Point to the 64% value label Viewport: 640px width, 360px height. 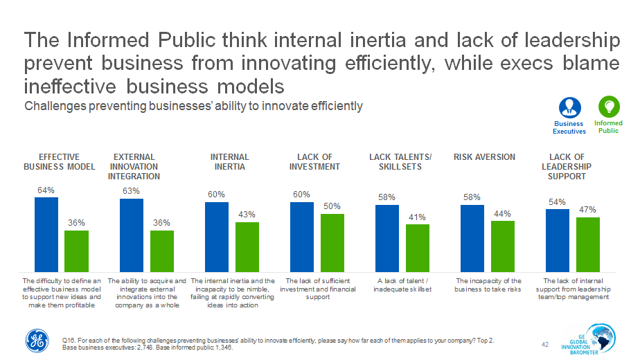pyautogui.click(x=46, y=190)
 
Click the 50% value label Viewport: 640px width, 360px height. pyautogui.click(x=332, y=206)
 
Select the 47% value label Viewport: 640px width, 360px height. pyautogui.click(x=588, y=210)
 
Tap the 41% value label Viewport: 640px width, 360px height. pyautogui.click(x=418, y=217)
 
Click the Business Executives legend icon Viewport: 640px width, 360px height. pyautogui.click(x=569, y=107)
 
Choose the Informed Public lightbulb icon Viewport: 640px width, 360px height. pyautogui.click(x=609, y=107)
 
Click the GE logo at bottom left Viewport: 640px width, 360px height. pyautogui.click(x=37, y=339)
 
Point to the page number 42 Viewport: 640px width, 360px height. pyautogui.click(x=544, y=343)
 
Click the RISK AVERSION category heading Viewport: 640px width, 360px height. pyautogui.click(x=484, y=157)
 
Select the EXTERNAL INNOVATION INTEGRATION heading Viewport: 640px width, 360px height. pyautogui.click(x=133, y=167)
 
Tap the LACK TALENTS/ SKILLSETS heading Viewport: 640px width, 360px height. pyautogui.click(x=400, y=162)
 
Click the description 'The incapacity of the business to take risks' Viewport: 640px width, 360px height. pyautogui.click(x=488, y=285)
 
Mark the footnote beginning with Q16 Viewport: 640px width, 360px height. pyautogui.click(x=277, y=344)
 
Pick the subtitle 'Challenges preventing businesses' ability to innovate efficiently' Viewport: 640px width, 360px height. pyautogui.click(x=193, y=106)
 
